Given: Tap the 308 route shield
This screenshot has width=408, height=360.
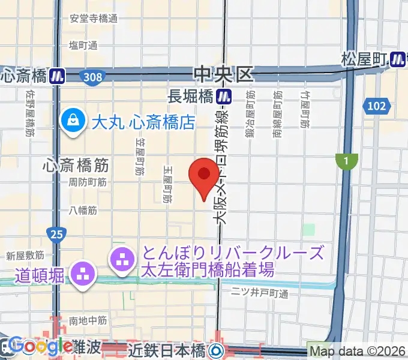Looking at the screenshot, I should (x=93, y=76).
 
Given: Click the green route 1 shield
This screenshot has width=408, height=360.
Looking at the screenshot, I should (x=346, y=160).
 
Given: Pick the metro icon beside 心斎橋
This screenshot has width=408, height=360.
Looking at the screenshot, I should (x=57, y=76).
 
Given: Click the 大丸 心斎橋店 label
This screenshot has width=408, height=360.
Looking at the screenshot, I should (x=144, y=123).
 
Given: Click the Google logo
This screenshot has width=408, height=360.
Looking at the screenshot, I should (x=41, y=347).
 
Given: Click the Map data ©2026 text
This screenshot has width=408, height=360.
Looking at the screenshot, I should (x=357, y=351).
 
